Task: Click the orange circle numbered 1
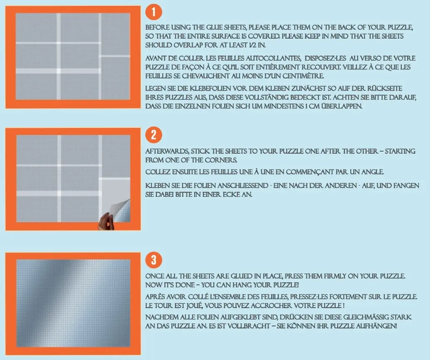[154, 12]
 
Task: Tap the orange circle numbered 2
[154, 135]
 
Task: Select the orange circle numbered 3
[154, 260]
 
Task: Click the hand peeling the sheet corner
[106, 221]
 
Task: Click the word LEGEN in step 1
[155, 88]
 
